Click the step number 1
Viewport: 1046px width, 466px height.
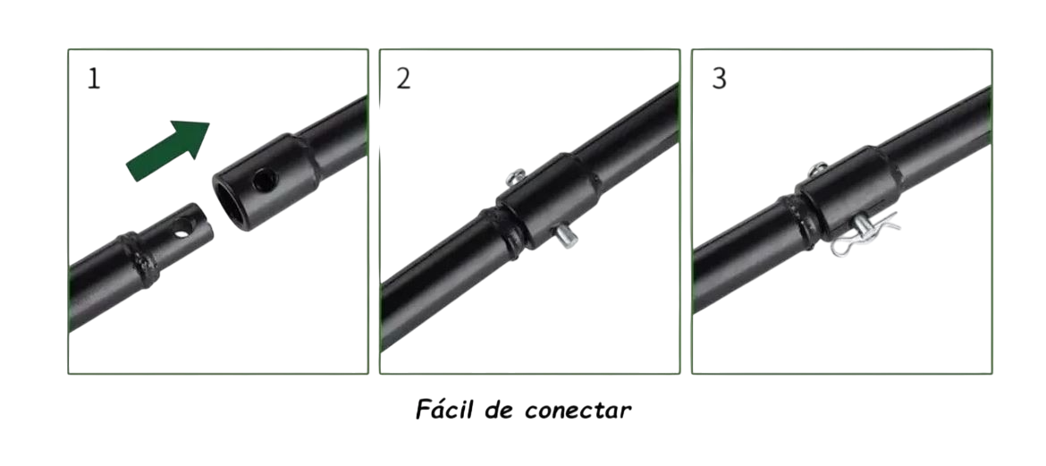(94, 79)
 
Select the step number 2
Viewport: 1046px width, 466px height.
(404, 79)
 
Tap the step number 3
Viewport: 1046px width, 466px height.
(719, 79)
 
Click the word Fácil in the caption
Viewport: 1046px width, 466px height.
(443, 411)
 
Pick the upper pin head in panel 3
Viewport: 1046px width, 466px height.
(818, 169)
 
